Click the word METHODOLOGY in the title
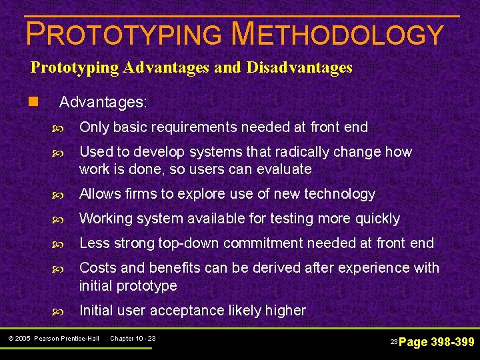click(x=336, y=35)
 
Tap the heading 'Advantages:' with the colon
click(x=103, y=103)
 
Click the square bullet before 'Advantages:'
click(x=33, y=103)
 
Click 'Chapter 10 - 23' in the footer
click(x=133, y=339)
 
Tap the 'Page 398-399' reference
click(x=436, y=342)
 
